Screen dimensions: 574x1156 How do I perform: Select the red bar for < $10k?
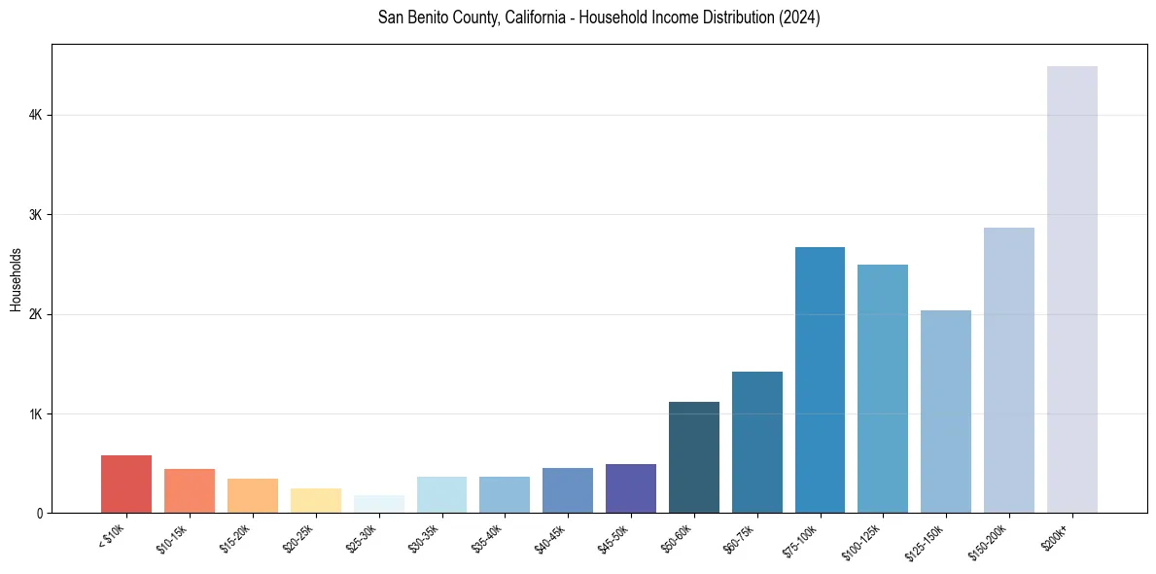pos(126,484)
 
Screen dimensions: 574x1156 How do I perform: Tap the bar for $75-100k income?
pos(820,379)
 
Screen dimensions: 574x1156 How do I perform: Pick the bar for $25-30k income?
pos(378,504)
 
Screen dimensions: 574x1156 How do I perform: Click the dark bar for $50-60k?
pos(693,457)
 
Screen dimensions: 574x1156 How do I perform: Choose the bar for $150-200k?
pos(1008,370)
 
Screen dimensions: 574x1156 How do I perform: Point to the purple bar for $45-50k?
pos(630,488)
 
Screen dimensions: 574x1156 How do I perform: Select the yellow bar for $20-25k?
pos(315,500)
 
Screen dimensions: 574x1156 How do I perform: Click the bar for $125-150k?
pos(945,412)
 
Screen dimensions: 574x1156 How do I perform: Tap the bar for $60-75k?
pos(756,442)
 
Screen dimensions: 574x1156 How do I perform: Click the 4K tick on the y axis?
pos(36,115)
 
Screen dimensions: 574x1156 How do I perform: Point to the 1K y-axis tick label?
pos(36,413)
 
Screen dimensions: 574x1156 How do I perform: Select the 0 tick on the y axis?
pos(39,513)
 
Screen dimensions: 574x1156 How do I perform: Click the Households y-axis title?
pos(16,279)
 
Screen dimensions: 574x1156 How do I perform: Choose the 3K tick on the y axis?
pos(36,214)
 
